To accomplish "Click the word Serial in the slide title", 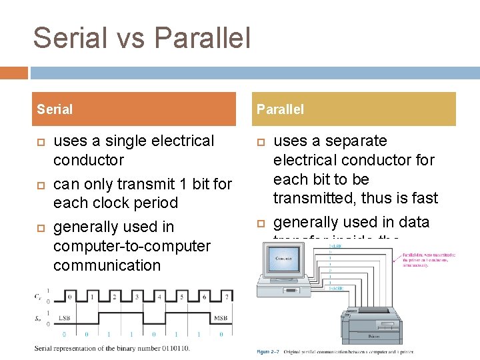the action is pos(65,38).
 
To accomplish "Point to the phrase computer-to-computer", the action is pos(131,246).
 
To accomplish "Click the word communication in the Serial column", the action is pos(107,265).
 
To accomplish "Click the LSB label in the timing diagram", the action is pos(65,317).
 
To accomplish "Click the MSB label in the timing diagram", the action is pos(220,317).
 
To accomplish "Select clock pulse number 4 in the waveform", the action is pos(159,297).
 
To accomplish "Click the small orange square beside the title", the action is pos(13,73).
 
